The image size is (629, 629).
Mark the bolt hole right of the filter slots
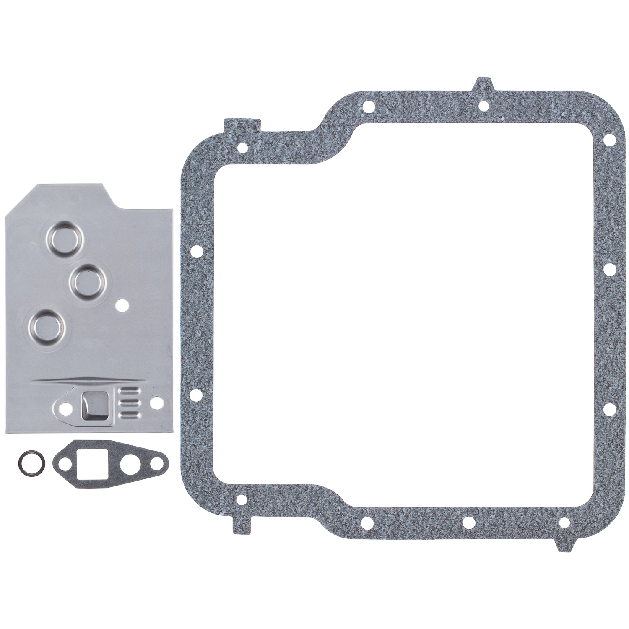(x=157, y=403)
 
